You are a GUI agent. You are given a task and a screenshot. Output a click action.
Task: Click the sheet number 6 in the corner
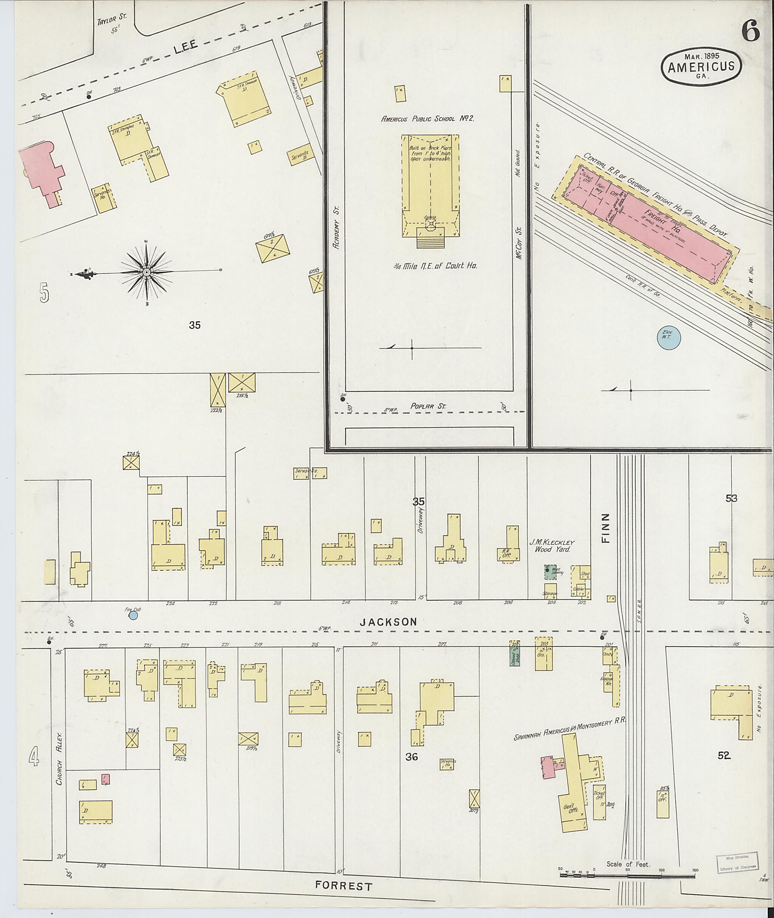pos(751,32)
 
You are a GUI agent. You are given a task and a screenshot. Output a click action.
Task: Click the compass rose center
pos(147,272)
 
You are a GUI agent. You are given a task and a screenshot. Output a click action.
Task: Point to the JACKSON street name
pos(388,621)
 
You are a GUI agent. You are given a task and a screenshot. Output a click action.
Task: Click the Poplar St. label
pos(428,406)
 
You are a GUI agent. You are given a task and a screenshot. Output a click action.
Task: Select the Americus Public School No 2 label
pos(427,118)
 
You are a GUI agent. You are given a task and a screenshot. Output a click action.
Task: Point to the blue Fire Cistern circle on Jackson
pos(133,616)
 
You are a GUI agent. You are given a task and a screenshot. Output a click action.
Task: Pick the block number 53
pos(731,498)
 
